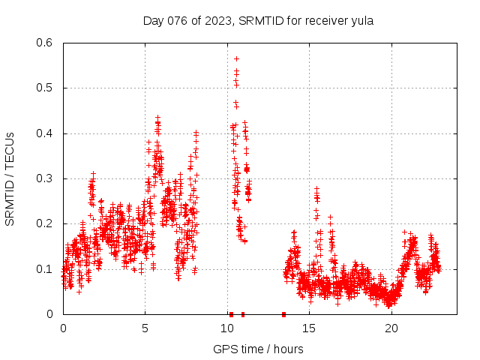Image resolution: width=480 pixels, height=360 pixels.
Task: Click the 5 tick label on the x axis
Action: pyautogui.click(x=145, y=328)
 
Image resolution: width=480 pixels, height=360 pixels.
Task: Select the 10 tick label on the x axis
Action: pyautogui.click(x=227, y=328)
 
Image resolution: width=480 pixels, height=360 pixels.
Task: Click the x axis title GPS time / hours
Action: pyautogui.click(x=258, y=349)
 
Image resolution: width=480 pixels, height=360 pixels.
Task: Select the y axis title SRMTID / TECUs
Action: pyautogui.click(x=10, y=178)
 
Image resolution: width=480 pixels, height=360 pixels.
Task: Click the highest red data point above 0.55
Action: pyautogui.click(x=236, y=58)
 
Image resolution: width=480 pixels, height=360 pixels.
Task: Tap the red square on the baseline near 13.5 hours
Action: pyautogui.click(x=283, y=314)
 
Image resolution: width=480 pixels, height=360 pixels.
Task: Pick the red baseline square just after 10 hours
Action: pyautogui.click(x=231, y=314)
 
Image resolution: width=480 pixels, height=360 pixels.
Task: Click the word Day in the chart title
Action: pyautogui.click(x=153, y=21)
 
